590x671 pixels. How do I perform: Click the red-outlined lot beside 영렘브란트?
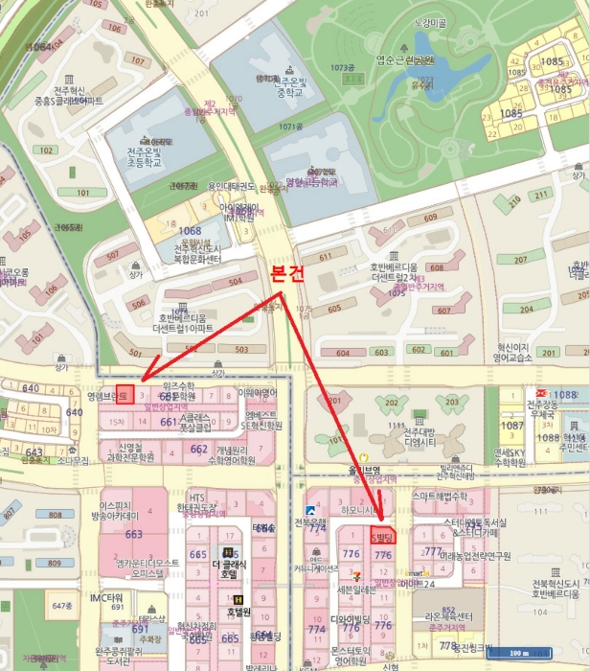[x=123, y=394]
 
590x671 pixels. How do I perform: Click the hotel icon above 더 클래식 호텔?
[x=226, y=552]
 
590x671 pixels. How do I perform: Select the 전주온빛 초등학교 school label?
[x=147, y=155]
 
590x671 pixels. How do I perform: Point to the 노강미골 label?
[x=430, y=21]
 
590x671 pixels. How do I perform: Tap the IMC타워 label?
[x=107, y=598]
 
